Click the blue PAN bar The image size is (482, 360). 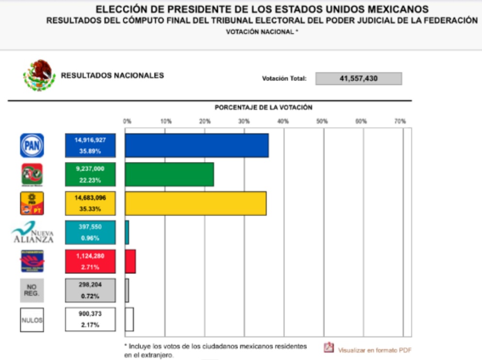196,145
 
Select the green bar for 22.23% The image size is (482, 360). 169,174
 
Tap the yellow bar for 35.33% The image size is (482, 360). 195,203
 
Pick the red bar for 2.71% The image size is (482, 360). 130,262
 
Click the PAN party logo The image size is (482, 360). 32,145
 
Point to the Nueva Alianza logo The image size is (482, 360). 33,233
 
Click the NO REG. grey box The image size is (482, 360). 32,290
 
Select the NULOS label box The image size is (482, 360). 32,320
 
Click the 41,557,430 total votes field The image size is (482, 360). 358,78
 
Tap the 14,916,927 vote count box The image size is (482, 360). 90,145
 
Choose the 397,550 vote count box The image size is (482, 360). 90,233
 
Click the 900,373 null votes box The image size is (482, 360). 90,319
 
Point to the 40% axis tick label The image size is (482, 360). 283,121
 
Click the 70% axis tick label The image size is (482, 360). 400,121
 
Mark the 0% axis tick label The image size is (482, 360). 127,121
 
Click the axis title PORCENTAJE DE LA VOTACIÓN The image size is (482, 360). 263,108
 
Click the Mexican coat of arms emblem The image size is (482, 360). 39,76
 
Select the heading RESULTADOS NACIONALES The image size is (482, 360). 112,76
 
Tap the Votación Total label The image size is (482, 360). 284,78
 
